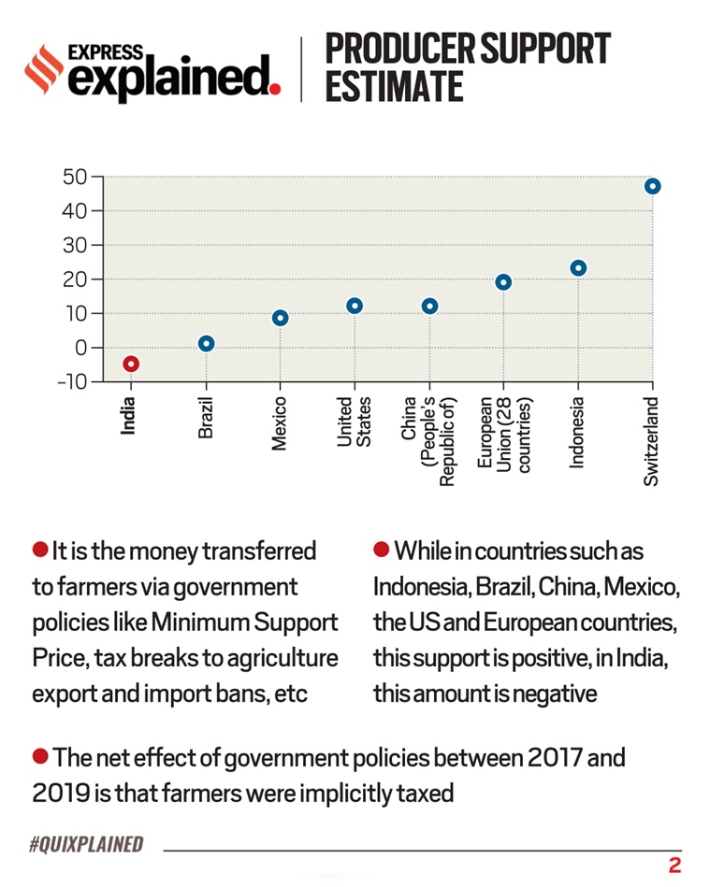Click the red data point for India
pyautogui.click(x=131, y=364)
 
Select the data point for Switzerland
pyautogui.click(x=652, y=186)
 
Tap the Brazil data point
pyautogui.click(x=206, y=344)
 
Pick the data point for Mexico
pyautogui.click(x=280, y=318)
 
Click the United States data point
pyautogui.click(x=354, y=306)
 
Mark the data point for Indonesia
pyautogui.click(x=578, y=268)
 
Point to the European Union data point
pyautogui.click(x=503, y=282)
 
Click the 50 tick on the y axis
pyautogui.click(x=75, y=177)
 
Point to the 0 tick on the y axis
pyautogui.click(x=81, y=348)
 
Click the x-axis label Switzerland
pyautogui.click(x=652, y=441)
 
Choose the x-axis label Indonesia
pyautogui.click(x=578, y=433)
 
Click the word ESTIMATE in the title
pyautogui.click(x=394, y=86)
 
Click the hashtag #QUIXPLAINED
pyautogui.click(x=86, y=845)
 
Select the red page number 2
pyautogui.click(x=674, y=866)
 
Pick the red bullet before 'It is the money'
pyautogui.click(x=39, y=548)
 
